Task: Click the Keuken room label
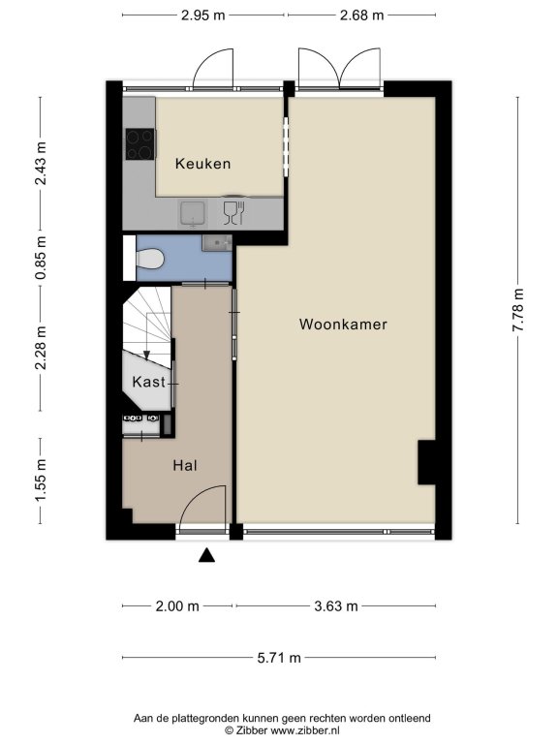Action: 202,164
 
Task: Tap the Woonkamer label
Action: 343,325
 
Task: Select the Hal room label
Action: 185,465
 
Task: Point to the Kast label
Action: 149,382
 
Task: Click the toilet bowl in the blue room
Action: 149,260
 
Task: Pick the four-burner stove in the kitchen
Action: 139,143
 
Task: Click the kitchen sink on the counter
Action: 192,213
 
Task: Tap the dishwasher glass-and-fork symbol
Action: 233,213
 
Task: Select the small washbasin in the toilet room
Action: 217,243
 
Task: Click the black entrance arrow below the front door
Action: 206,555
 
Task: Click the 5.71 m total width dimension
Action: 279,658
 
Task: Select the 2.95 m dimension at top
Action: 203,15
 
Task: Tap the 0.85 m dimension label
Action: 41,257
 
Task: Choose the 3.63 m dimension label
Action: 336,605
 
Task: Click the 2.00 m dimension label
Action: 177,605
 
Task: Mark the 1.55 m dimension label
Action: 41,480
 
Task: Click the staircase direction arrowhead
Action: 146,355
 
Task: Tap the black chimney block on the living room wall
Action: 426,462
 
